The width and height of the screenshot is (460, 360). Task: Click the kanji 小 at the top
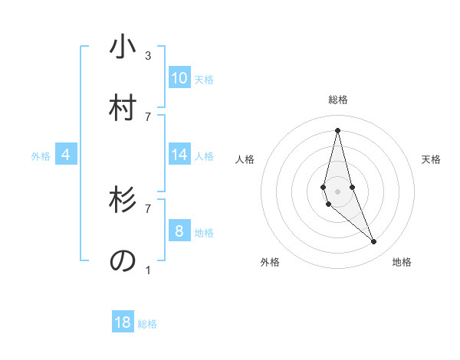[x=123, y=47]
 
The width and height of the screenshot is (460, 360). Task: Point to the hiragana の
[x=123, y=260]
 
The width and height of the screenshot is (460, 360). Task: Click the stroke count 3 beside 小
[x=148, y=55]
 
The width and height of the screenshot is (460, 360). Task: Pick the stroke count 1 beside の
[x=148, y=269]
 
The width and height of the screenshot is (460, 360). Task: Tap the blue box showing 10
[x=179, y=78]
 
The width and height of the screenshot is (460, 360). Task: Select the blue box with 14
[x=179, y=155]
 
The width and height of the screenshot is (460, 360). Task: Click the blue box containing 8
[x=179, y=231]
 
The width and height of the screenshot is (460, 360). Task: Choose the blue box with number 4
[x=66, y=155]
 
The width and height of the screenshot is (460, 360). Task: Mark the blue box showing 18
[x=123, y=322]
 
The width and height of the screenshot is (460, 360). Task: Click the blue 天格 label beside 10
[x=204, y=80]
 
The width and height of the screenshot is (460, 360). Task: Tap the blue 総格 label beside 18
[x=147, y=324]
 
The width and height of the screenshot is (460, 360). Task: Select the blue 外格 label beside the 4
[x=41, y=156]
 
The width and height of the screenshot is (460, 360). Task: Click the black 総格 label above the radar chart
[x=338, y=100]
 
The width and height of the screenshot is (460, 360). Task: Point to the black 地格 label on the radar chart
[x=402, y=262]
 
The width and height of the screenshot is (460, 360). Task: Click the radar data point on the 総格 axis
[x=337, y=129]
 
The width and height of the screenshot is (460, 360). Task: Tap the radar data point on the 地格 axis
[x=374, y=242]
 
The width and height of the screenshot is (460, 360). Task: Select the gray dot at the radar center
[x=337, y=191]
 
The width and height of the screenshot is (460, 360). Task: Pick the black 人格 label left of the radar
[x=245, y=159]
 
